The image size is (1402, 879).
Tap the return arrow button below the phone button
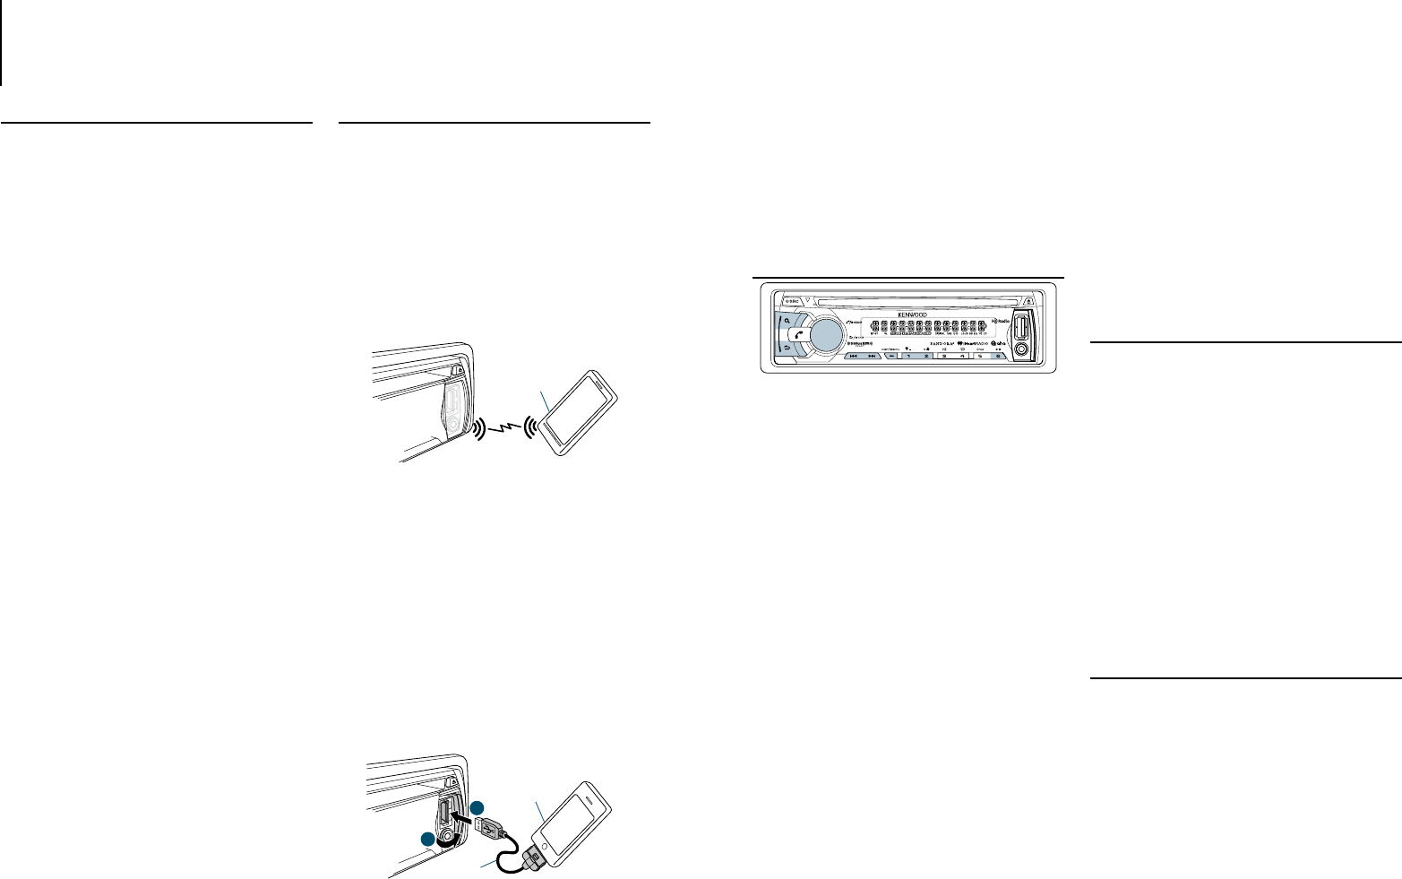[785, 349]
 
